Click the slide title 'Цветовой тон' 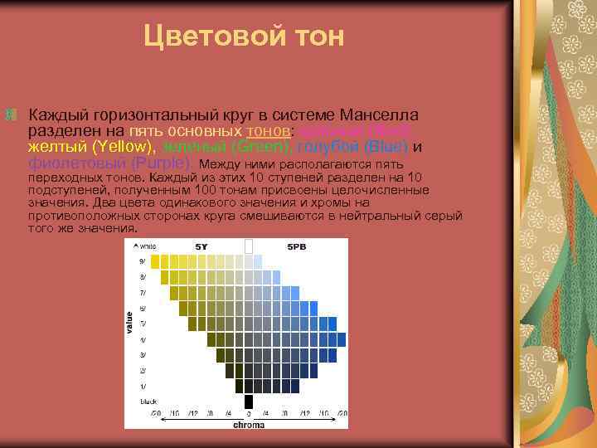pos(243,36)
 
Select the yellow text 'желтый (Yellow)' pos(79,147)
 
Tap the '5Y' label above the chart pos(201,247)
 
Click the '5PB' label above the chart pos(296,247)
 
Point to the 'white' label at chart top pos(147,246)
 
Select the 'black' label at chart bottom pos(148,401)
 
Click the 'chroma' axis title pos(248,424)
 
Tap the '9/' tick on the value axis pos(142,261)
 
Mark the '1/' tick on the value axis pos(142,386)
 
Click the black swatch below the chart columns pos(248,401)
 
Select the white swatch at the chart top pos(248,246)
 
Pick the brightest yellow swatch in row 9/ pos(154,261)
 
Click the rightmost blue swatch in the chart pos(334,324)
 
